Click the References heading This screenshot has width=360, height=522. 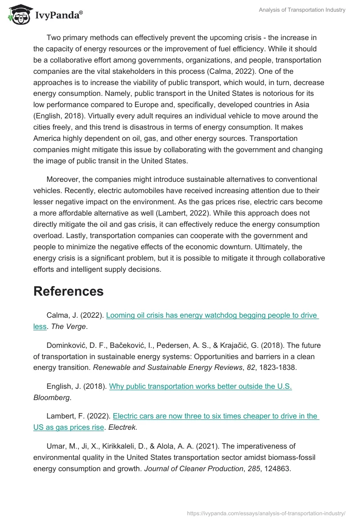tap(68, 291)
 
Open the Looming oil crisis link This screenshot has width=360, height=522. tap(211, 315)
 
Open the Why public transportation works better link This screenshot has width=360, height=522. tap(200, 386)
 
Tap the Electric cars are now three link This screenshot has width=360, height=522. tap(216, 416)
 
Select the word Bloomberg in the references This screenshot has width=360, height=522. tap(51, 398)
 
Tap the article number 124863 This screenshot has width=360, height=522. tap(275, 469)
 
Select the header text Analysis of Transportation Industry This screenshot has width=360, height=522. tap(302, 10)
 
